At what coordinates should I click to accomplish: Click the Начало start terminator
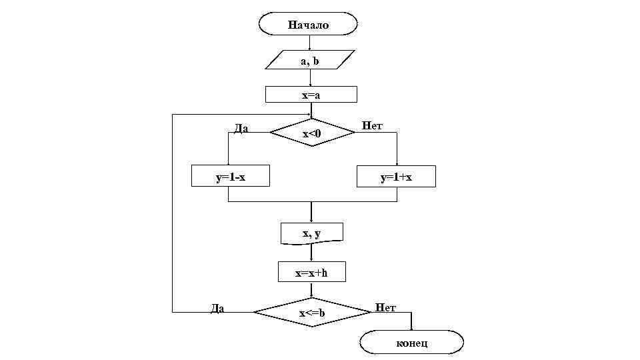[308, 25]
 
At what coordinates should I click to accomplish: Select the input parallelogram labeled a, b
[310, 60]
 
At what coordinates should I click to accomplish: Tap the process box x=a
[311, 95]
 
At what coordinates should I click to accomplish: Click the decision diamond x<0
[312, 133]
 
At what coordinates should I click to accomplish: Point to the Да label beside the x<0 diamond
[241, 129]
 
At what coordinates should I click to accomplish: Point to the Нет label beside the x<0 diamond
[372, 125]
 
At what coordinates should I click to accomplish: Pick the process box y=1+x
[396, 177]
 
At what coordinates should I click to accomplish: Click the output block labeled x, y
[311, 233]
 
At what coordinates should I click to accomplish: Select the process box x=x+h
[311, 272]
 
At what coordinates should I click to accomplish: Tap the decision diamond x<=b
[311, 312]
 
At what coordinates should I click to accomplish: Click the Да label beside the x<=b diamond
[217, 308]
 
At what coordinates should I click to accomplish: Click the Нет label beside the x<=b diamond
[385, 307]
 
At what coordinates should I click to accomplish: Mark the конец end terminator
[411, 343]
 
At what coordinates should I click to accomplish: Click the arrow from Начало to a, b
[310, 43]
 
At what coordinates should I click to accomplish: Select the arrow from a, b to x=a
[311, 78]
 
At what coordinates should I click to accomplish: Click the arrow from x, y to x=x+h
[311, 253]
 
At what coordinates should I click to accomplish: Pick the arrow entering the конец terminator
[411, 323]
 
